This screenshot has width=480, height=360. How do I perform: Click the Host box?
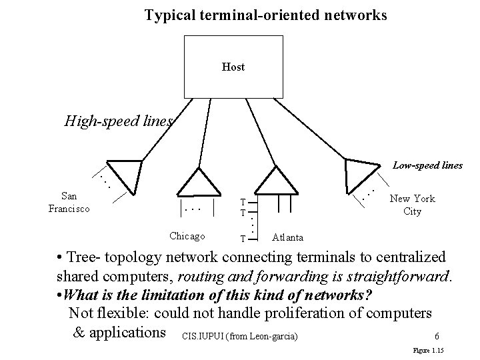pos(233,67)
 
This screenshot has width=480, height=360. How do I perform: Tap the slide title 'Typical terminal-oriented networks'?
pos(265,15)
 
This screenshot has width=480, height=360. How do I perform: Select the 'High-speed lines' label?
pos(119,121)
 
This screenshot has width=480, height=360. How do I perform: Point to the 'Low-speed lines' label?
pos(427,164)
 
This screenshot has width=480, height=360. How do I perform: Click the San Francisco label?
pos(69,202)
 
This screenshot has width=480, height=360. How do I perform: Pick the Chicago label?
pos(187,235)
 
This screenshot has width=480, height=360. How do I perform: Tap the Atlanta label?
pos(288,237)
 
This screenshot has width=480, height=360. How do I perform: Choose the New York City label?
pos(412,205)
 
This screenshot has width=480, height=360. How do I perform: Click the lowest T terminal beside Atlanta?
pos(243,239)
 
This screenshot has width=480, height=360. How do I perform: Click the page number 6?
pos(435,336)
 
